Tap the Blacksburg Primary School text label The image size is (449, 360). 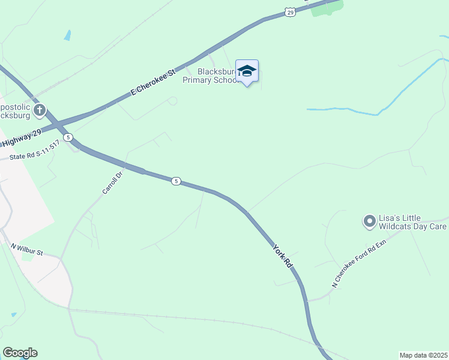pos(213,76)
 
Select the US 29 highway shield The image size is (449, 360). pos(290,11)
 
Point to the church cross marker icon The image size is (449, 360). pos(40,110)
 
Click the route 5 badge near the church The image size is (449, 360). pos(69,137)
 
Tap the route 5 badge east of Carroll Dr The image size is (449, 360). pos(176,181)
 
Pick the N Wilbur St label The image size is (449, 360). pos(27,249)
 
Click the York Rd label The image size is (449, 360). pos(282,255)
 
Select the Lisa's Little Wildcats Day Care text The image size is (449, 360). pos(412,222)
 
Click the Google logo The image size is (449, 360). pos(20,353)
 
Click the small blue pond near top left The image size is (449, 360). pos(67,35)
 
